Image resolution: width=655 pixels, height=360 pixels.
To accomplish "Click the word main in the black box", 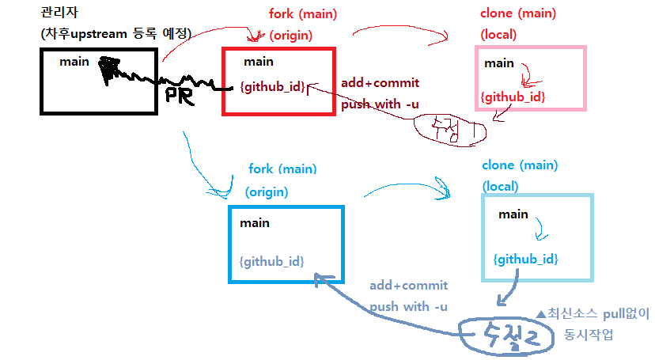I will click(x=73, y=61).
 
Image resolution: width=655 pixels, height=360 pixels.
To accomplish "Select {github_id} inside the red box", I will click(x=271, y=87).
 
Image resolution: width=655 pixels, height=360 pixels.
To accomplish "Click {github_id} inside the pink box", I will click(x=513, y=97).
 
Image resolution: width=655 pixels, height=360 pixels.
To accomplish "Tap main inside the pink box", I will click(x=498, y=63).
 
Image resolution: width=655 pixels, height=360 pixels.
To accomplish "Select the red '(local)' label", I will click(x=498, y=35).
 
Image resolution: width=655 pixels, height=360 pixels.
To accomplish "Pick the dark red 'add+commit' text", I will click(x=380, y=83).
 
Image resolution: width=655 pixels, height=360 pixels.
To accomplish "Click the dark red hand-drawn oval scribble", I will click(x=448, y=127).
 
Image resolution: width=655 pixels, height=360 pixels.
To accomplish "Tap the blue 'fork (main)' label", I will click(x=282, y=169).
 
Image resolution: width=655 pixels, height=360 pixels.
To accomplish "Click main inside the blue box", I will click(x=255, y=223).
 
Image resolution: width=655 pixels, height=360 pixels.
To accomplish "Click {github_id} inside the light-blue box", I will click(x=525, y=259).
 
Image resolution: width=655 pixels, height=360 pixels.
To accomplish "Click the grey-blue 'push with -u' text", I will click(x=408, y=306).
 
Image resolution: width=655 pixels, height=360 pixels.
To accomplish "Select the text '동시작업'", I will click(x=589, y=335).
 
